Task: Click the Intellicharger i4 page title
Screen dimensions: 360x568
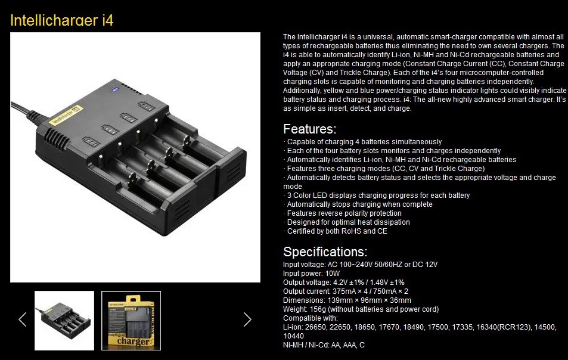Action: pyautogui.click(x=61, y=20)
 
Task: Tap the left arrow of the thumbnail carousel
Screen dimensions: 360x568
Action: pyautogui.click(x=23, y=319)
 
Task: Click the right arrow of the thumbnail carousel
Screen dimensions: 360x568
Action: pyautogui.click(x=247, y=319)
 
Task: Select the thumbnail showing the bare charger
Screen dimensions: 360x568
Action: pyautogui.click(x=64, y=320)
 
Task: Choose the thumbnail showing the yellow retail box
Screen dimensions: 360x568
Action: pyautogui.click(x=131, y=320)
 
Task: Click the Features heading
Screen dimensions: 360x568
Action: pyautogui.click(x=310, y=129)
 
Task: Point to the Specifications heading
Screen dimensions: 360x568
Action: pyautogui.click(x=325, y=252)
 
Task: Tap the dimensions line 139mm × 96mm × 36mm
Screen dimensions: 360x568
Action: pyautogui.click(x=347, y=300)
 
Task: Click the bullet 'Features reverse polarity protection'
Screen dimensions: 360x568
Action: pyautogui.click(x=344, y=213)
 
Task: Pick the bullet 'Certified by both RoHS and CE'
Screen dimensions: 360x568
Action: pyautogui.click(x=337, y=231)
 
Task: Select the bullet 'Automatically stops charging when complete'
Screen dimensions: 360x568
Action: pyautogui.click(x=359, y=204)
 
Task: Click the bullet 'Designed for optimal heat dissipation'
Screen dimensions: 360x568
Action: pyautogui.click(x=348, y=222)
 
